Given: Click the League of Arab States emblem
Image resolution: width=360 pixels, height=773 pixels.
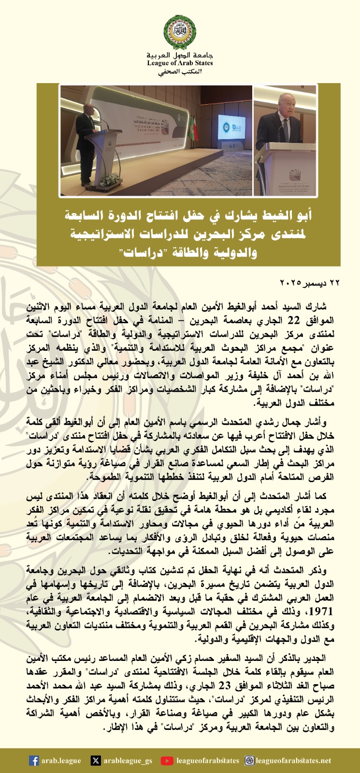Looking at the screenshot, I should pyautogui.click(x=180, y=31).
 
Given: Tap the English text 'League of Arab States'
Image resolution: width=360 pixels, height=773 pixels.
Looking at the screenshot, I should pyautogui.click(x=180, y=63).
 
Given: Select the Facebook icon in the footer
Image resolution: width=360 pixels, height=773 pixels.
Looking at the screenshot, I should pyautogui.click(x=34, y=761).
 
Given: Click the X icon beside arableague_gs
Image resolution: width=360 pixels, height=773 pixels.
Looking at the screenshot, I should pyautogui.click(x=96, y=761).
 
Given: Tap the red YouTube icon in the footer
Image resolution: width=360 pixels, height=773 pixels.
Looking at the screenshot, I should pyautogui.click(x=167, y=761).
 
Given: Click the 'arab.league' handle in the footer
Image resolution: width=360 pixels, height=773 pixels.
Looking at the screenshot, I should pyautogui.click(x=61, y=761).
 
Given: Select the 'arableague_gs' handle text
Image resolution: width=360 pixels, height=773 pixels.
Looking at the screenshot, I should pyautogui.click(x=128, y=761).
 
